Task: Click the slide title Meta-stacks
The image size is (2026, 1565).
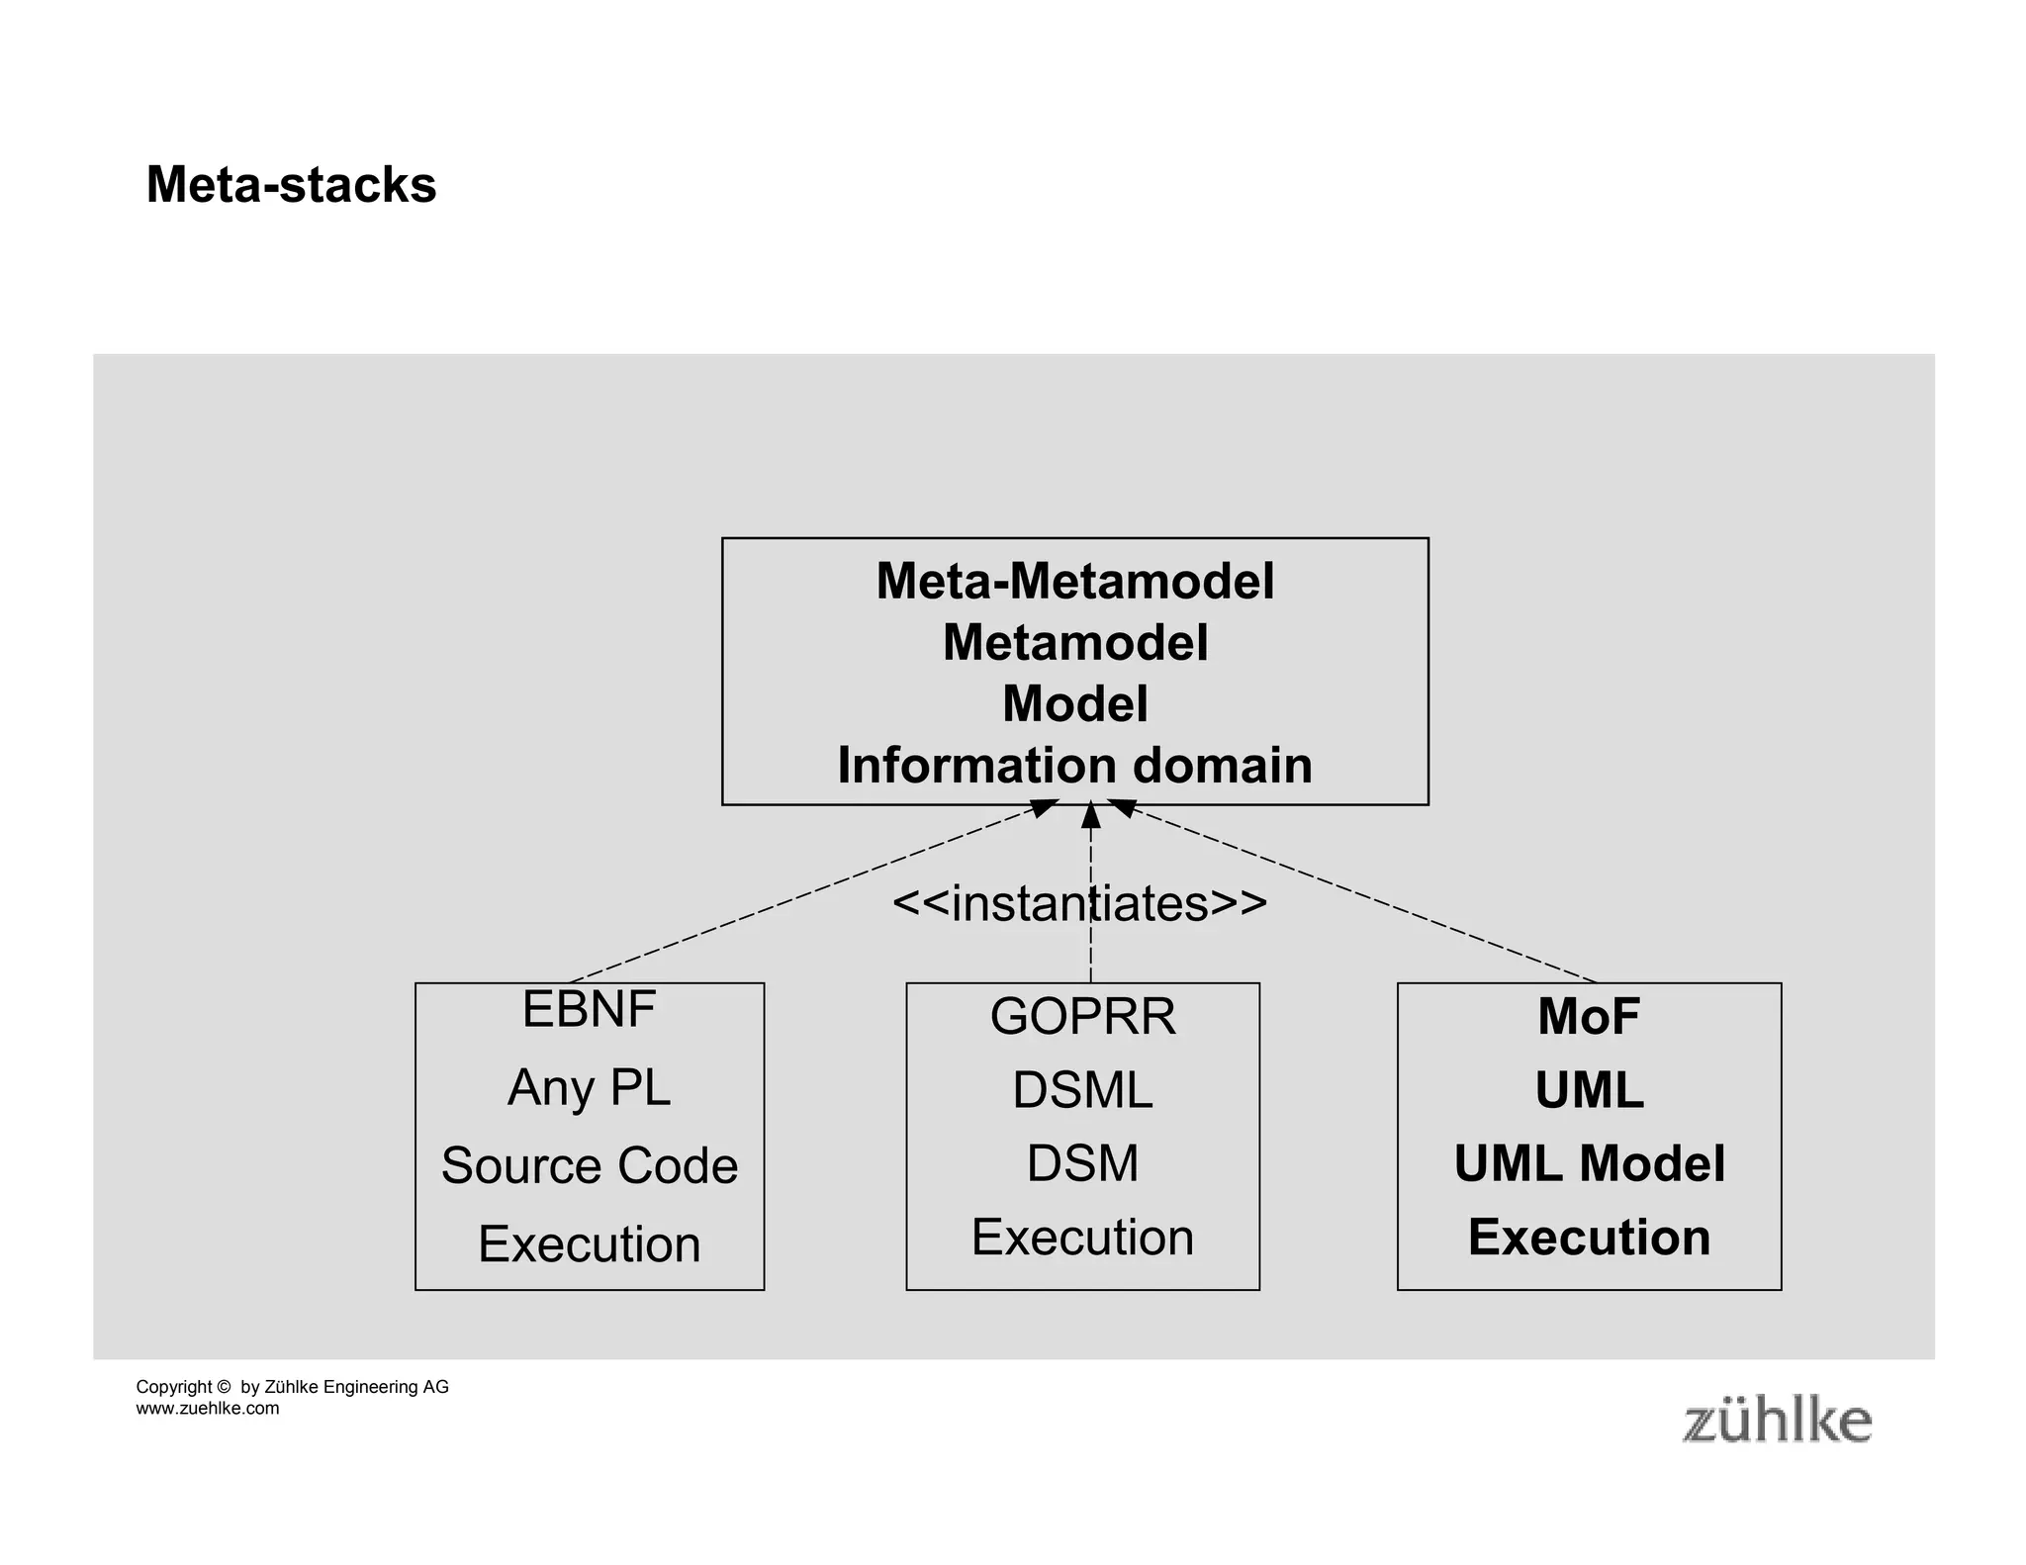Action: pos(291,185)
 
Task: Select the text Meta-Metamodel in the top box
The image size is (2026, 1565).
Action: pos(1074,581)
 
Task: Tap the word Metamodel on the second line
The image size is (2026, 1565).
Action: pos(1074,643)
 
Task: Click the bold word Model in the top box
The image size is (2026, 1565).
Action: pos(1074,704)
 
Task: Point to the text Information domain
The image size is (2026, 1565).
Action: pos(1074,766)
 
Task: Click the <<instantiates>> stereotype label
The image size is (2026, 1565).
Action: pos(1079,903)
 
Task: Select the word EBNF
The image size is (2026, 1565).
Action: pos(589,1010)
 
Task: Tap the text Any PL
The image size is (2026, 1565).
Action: pos(589,1087)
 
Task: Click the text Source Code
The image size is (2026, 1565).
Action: pos(589,1165)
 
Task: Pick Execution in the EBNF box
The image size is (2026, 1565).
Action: pos(589,1243)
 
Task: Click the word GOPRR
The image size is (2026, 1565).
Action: pos(1082,1017)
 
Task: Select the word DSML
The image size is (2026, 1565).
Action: pos(1082,1090)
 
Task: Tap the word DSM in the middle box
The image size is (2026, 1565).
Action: pos(1082,1163)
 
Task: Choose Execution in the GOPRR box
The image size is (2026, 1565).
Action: pos(1082,1238)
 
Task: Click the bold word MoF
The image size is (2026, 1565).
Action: pos(1589,1017)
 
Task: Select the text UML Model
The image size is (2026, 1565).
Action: pos(1589,1163)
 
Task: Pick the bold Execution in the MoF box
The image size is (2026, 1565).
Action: pos(1589,1238)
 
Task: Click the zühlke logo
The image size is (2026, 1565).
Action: pos(1777,1422)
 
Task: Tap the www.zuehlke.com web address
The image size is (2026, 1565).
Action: pos(208,1409)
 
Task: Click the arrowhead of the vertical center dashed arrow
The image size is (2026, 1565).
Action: pos(1090,815)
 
